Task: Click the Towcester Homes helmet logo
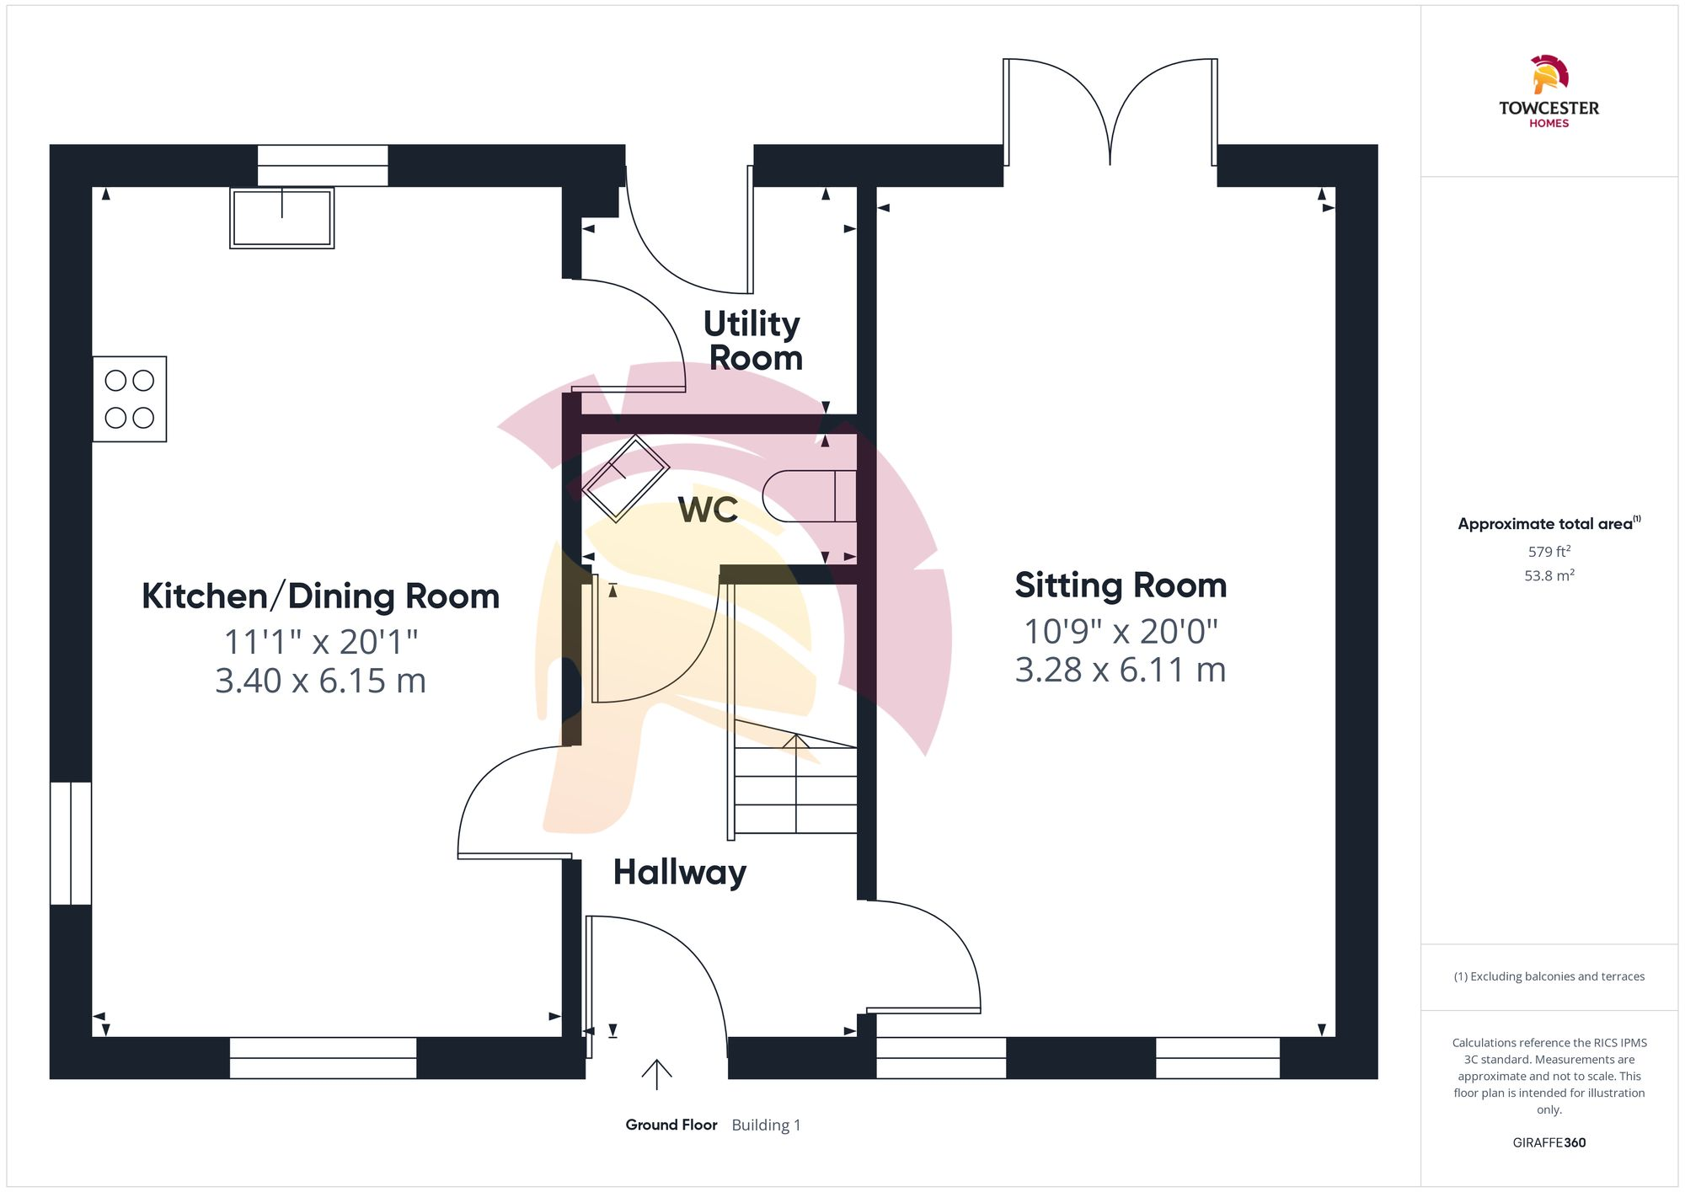1549,76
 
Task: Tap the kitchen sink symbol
282,217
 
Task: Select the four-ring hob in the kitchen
130,399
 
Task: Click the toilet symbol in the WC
809,496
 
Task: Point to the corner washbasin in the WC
625,478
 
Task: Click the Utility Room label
753,340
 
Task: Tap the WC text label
708,510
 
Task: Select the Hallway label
680,873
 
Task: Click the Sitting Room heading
1121,585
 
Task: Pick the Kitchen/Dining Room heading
320,596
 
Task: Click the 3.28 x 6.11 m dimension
1121,671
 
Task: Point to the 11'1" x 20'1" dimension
320,642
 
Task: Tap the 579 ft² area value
1549,552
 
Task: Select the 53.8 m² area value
1549,576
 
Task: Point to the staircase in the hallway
794,788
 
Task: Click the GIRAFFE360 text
1549,1143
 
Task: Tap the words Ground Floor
671,1125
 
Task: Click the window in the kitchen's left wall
71,843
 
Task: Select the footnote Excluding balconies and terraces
1549,977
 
